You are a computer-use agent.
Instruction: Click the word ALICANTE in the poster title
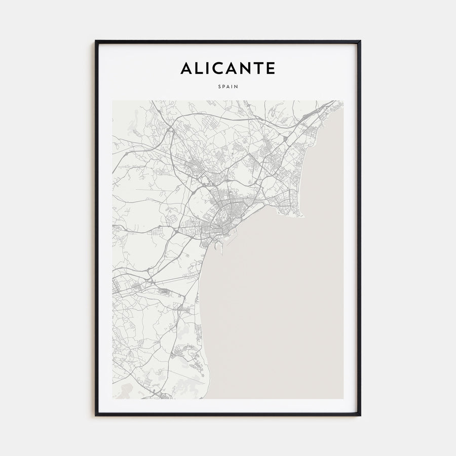(228, 68)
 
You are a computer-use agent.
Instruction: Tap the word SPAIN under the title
(228, 87)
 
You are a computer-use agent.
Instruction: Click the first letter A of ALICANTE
(186, 68)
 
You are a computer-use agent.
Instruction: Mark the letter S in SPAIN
(219, 87)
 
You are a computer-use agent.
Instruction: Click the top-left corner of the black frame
(96, 41)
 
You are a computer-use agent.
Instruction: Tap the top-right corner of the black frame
(360, 41)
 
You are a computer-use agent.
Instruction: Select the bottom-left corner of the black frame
(96, 415)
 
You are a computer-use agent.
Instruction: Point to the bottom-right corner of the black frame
(360, 415)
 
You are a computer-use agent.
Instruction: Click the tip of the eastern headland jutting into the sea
(302, 215)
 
